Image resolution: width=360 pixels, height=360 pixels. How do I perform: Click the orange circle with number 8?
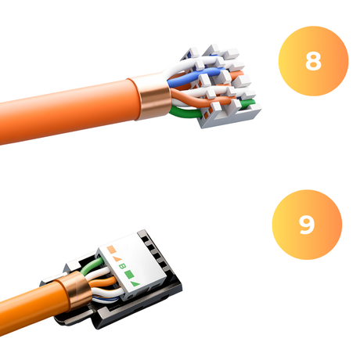click(312, 62)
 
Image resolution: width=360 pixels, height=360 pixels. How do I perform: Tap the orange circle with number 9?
click(306, 225)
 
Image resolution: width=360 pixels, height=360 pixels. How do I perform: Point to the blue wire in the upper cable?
click(185, 79)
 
